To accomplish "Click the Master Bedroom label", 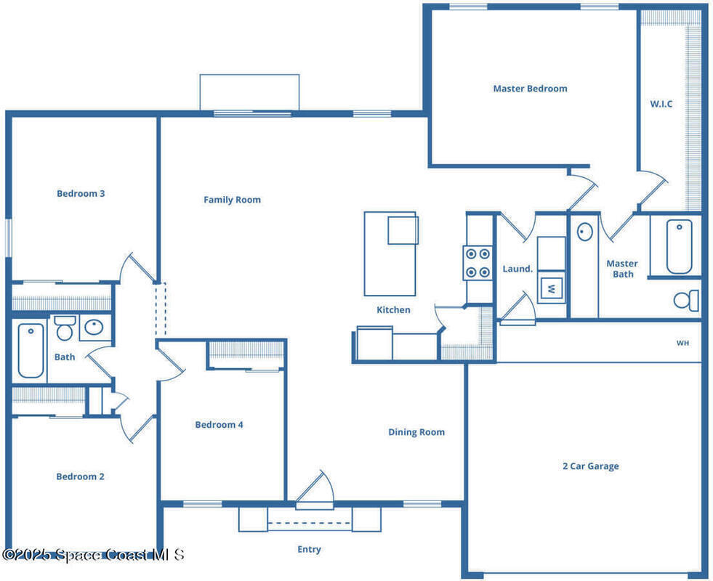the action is (x=530, y=89).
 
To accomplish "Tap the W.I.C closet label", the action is (x=661, y=104).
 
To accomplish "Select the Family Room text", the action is (x=232, y=200).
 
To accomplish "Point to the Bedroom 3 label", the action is (x=81, y=193).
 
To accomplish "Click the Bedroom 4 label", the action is (x=219, y=425).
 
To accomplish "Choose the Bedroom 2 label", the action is (x=80, y=476).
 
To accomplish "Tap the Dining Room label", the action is (x=416, y=432).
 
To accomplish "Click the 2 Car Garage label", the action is (x=591, y=466).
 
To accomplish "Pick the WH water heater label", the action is (x=682, y=343).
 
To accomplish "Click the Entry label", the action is (x=309, y=549).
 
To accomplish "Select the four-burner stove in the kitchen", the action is (x=478, y=263).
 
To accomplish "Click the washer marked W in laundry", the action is (x=552, y=288).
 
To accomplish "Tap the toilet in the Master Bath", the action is (x=686, y=300).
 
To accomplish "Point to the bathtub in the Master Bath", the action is (x=680, y=247).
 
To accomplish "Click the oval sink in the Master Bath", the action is (x=585, y=232).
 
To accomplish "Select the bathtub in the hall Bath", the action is (x=31, y=351).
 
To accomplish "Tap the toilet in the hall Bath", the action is (x=65, y=328).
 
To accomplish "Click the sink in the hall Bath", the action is (x=94, y=327).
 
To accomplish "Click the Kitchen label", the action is (x=393, y=310).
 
